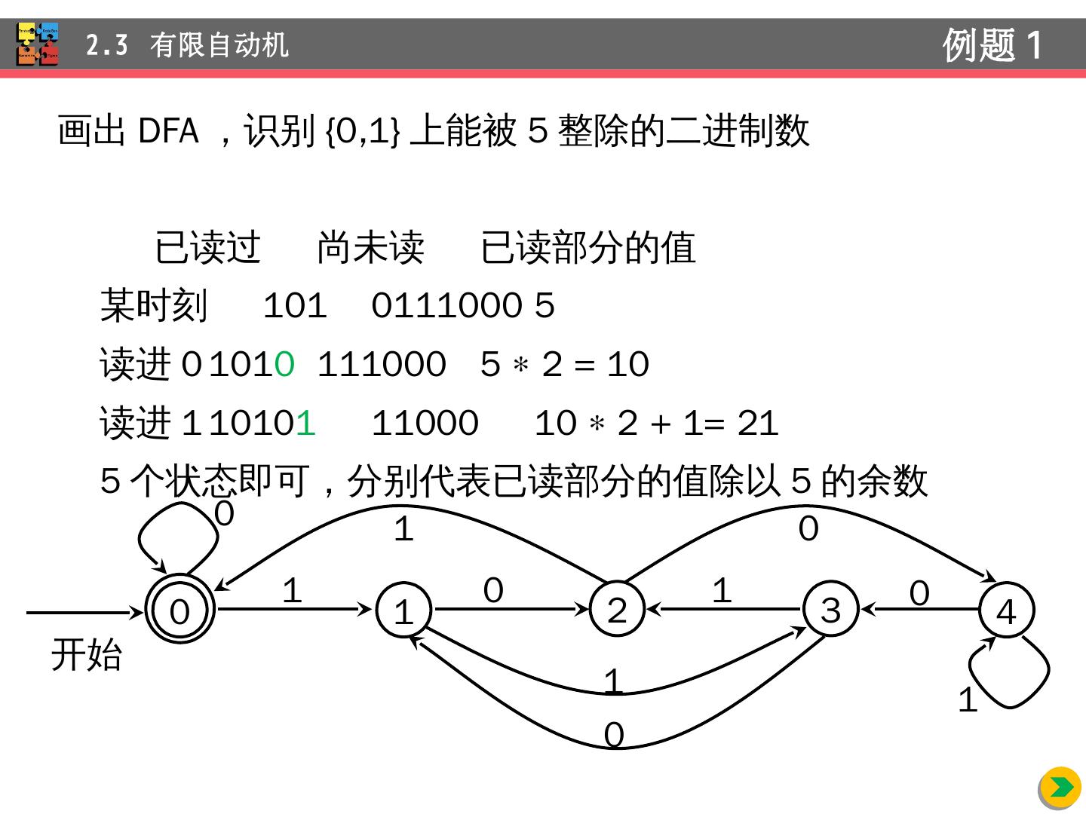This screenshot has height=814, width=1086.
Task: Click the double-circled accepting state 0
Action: pyautogui.click(x=179, y=610)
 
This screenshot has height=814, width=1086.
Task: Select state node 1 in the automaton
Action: pyautogui.click(x=403, y=610)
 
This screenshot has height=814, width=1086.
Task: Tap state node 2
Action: pyautogui.click(x=617, y=609)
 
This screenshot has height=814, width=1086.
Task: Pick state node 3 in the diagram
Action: pyautogui.click(x=830, y=609)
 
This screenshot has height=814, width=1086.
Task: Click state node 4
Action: pyautogui.click(x=1006, y=610)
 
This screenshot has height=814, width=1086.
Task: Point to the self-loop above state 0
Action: pyautogui.click(x=177, y=535)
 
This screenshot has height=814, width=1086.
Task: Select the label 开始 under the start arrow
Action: pyautogui.click(x=86, y=654)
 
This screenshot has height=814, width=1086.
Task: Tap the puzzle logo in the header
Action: pyautogui.click(x=38, y=44)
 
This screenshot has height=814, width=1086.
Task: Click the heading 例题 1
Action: pyautogui.click(x=992, y=44)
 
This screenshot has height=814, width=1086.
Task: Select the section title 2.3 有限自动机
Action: pyautogui.click(x=187, y=45)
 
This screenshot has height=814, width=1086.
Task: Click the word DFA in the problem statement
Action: pyautogui.click(x=168, y=130)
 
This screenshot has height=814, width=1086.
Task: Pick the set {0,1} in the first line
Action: pyautogui.click(x=362, y=131)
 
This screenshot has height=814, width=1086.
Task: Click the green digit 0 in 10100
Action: pyautogui.click(x=284, y=365)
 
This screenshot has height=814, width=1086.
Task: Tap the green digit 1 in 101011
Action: pyautogui.click(x=305, y=423)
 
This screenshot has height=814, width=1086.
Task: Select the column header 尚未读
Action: pyautogui.click(x=370, y=247)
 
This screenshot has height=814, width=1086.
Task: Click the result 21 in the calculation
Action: pyautogui.click(x=757, y=423)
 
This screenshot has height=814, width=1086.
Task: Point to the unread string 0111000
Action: pyautogui.click(x=446, y=306)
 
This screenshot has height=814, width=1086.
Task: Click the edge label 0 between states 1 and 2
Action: pyautogui.click(x=493, y=589)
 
